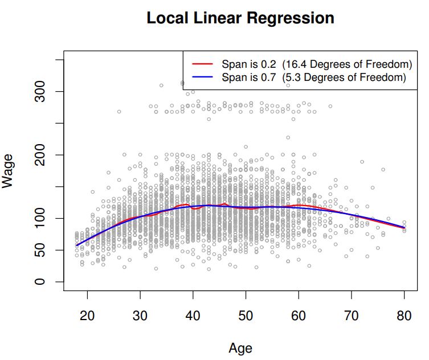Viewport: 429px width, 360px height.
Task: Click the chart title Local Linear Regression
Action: [240, 18]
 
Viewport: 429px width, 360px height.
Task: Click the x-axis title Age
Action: [240, 347]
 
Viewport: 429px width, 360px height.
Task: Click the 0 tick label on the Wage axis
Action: [39, 282]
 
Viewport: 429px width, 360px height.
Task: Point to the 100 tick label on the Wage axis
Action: [39, 219]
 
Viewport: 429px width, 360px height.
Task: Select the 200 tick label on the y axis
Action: [39, 155]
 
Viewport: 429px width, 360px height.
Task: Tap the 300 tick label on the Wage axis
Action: [39, 92]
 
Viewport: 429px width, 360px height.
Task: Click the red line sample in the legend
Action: [202, 64]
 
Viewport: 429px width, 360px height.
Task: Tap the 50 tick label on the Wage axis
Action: [39, 250]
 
